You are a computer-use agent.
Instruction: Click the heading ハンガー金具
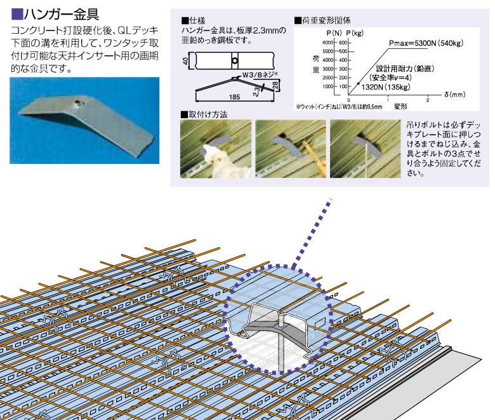pos(60,13)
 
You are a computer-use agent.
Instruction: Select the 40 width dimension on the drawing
pos(185,62)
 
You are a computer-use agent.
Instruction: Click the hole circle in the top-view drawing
pos(234,62)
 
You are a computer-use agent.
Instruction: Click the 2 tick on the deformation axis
pos(428,100)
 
